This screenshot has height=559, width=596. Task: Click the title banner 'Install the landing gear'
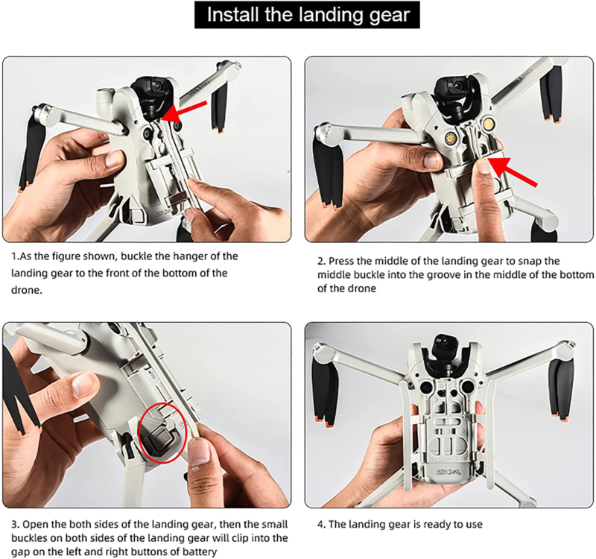(x=298, y=16)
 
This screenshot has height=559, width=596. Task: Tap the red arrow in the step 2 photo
(x=514, y=172)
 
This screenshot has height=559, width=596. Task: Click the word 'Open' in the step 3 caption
(x=35, y=524)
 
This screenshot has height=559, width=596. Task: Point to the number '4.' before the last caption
(x=322, y=524)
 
